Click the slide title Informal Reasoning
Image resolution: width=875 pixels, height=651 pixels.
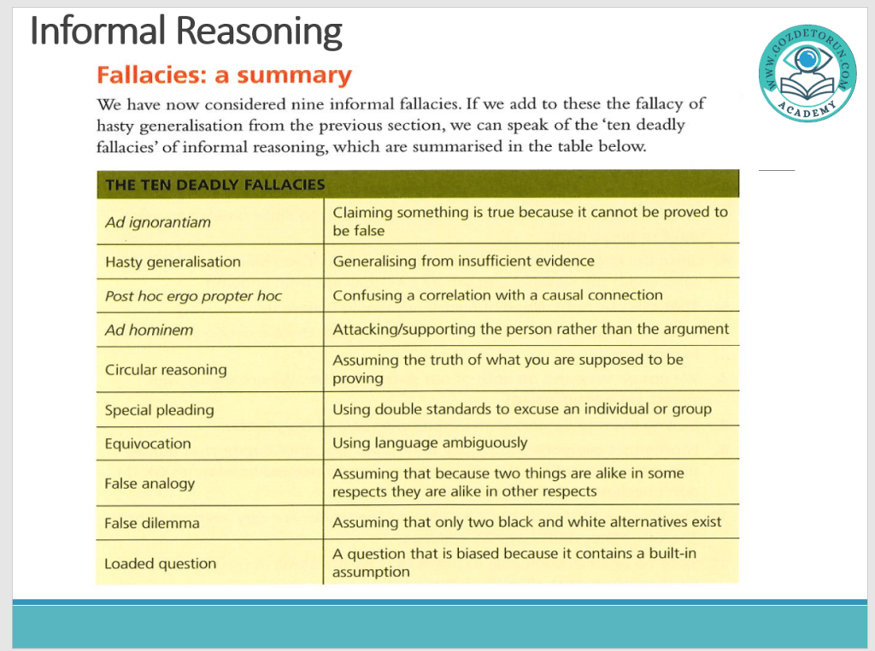click(x=185, y=32)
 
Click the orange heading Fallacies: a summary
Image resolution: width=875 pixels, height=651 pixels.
click(x=224, y=75)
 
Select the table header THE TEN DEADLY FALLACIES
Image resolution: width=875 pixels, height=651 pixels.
click(x=214, y=184)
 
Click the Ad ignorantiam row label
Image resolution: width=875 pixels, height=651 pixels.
click(x=158, y=222)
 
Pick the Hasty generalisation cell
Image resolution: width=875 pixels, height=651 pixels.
click(x=173, y=261)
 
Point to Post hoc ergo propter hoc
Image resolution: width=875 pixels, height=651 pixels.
click(x=193, y=296)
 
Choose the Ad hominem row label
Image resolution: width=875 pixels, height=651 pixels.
click(x=149, y=330)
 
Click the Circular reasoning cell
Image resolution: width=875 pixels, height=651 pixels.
click(x=166, y=370)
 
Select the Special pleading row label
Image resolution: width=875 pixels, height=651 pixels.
click(x=159, y=410)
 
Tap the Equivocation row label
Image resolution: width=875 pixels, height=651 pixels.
click(x=148, y=443)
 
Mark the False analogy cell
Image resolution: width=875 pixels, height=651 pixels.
click(x=150, y=484)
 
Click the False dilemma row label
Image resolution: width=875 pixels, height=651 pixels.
click(x=152, y=523)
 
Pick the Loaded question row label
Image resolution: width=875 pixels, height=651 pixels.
click(x=160, y=564)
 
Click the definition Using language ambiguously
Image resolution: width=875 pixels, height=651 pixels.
click(x=430, y=443)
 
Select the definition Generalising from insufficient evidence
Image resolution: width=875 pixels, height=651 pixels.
click(x=463, y=261)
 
